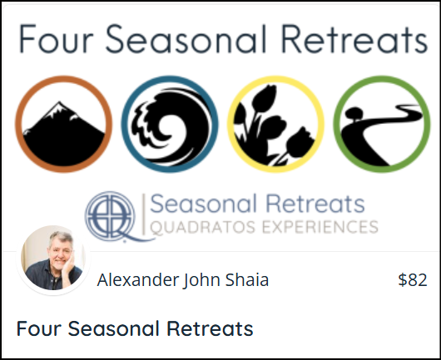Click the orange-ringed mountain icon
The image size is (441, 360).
click(63, 124)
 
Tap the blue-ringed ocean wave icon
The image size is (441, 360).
click(170, 124)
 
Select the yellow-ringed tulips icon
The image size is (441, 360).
click(275, 124)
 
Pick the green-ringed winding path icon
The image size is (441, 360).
click(382, 124)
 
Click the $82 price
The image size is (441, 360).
click(413, 280)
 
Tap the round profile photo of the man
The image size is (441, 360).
click(53, 260)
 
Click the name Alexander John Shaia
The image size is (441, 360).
click(183, 280)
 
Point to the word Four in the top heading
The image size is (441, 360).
click(57, 39)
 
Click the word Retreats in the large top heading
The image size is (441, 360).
click(354, 39)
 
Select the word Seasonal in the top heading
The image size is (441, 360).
click(186, 39)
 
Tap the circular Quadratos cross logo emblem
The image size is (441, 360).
click(111, 216)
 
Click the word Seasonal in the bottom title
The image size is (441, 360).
click(113, 328)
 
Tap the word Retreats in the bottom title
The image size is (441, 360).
click(210, 328)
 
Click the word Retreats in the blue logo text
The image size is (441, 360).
click(315, 204)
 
